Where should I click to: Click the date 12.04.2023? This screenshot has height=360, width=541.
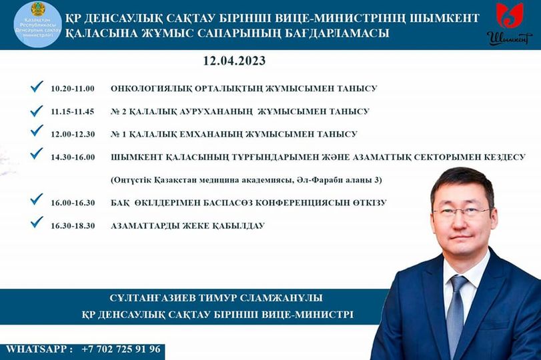(234, 61)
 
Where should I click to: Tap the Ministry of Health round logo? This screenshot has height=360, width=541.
(37, 24)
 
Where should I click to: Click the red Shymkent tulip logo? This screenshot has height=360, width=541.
(509, 15)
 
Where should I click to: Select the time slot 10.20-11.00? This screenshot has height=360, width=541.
(73, 89)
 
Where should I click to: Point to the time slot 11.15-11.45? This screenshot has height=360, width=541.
(73, 112)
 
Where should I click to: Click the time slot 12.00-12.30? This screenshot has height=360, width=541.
(73, 134)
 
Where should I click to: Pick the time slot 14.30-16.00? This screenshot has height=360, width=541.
(73, 157)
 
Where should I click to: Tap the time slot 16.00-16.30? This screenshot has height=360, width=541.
(73, 203)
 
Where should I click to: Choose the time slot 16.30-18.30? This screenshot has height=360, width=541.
(73, 226)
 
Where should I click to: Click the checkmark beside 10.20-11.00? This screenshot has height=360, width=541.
(37, 87)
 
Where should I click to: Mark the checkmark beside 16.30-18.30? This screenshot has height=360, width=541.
(37, 222)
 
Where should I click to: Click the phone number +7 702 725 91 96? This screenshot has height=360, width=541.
(121, 349)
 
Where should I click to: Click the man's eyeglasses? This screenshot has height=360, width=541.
(462, 212)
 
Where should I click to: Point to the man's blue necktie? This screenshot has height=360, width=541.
(457, 311)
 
